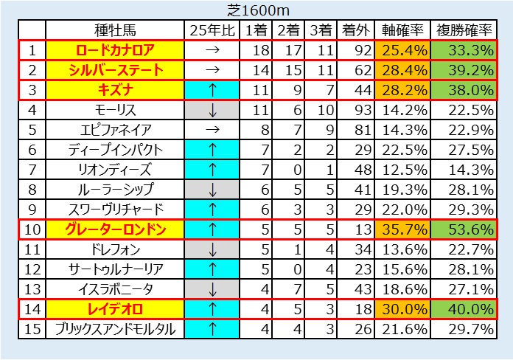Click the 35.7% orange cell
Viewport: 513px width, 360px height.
402,229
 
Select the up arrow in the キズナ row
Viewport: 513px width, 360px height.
212,90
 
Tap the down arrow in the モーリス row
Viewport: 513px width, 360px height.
212,110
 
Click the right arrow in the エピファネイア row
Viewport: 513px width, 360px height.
212,130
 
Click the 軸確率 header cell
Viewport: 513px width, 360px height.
402,30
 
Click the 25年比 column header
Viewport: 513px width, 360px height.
212,30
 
